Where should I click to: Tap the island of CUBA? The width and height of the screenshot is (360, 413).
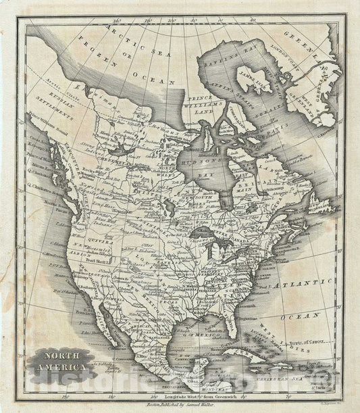[244, 351]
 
